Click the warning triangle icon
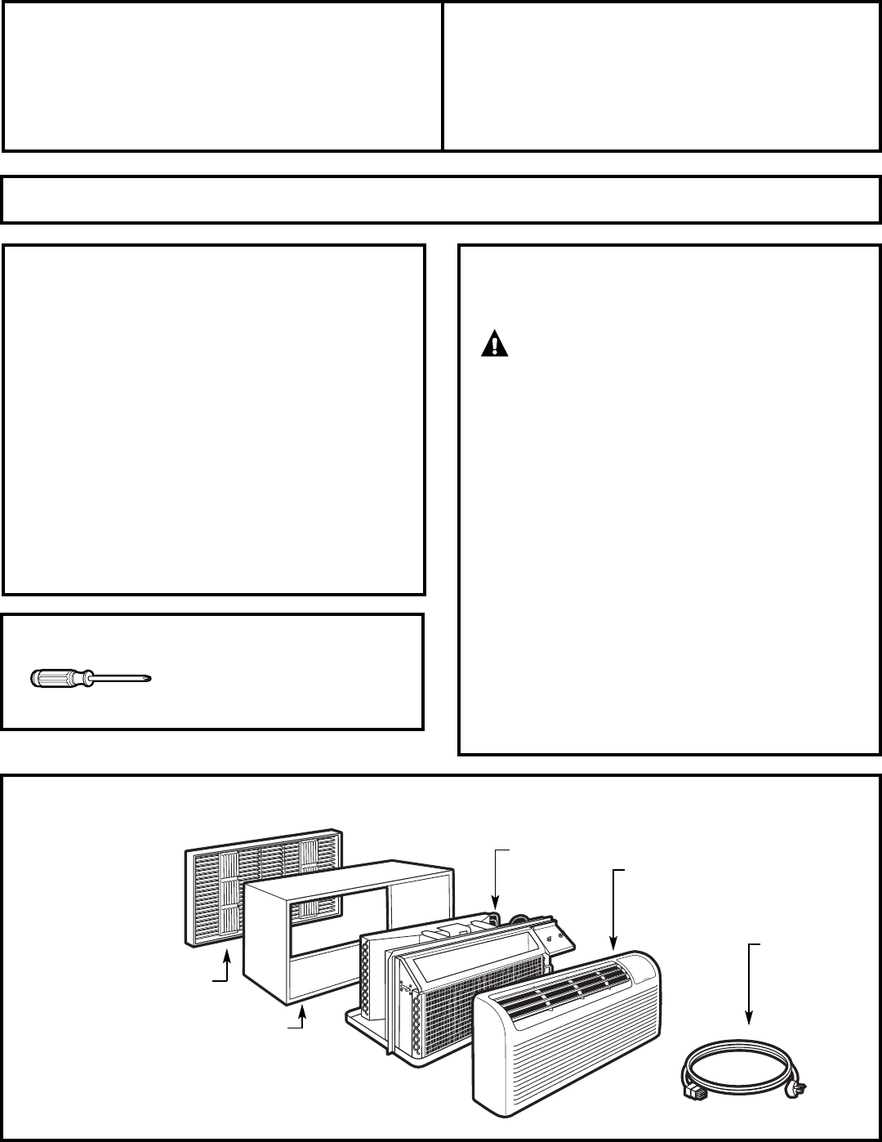tap(494, 345)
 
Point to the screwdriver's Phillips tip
tap(149, 677)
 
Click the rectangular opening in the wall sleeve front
tap(343, 915)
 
